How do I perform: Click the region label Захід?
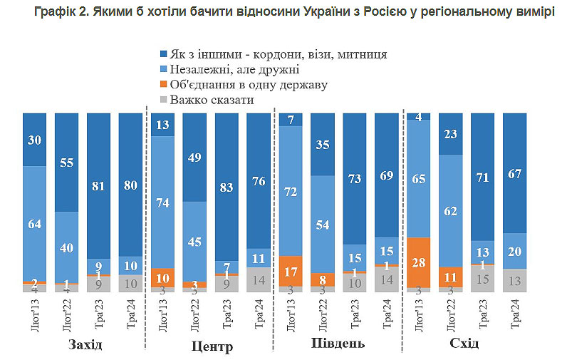[x=85, y=345]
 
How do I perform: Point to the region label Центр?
[x=213, y=346]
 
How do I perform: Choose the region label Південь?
[x=338, y=344]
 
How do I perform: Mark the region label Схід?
[x=464, y=344]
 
